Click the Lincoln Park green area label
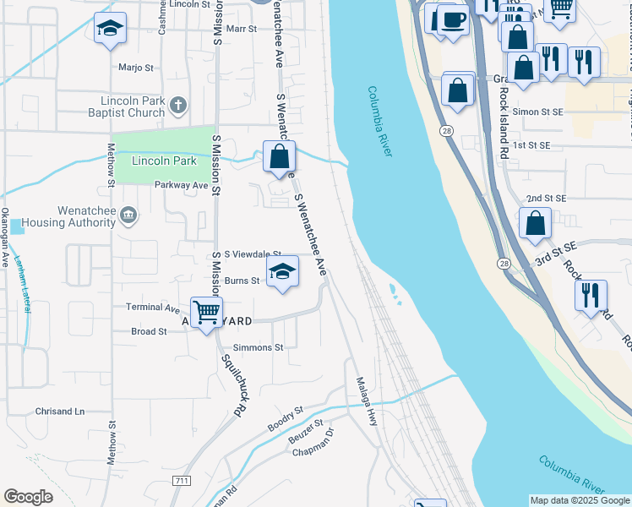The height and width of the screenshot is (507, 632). click(164, 161)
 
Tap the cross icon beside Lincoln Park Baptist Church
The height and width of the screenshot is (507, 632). click(177, 106)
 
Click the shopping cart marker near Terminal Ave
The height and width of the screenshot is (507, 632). click(205, 313)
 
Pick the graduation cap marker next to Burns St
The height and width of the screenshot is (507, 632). click(283, 271)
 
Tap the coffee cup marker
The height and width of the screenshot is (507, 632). click(451, 20)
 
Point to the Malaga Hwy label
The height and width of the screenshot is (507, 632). click(366, 401)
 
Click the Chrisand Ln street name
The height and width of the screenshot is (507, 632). click(60, 412)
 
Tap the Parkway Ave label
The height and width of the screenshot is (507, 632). click(181, 185)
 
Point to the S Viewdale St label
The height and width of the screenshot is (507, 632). click(247, 253)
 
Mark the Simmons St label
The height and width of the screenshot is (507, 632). click(259, 347)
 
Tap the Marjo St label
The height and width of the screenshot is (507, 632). click(136, 67)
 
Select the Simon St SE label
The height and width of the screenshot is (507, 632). click(537, 112)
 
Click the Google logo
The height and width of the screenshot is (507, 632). click(28, 497)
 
